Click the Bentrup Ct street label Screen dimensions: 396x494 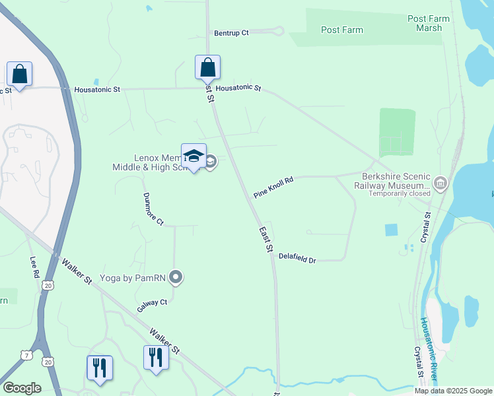[231, 32]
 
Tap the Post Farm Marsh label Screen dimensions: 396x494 [429, 23]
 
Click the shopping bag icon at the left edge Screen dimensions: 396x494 [20, 75]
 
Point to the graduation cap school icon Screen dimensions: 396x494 [194, 156]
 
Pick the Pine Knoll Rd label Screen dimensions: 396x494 [273, 187]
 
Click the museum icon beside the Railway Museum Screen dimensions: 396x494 [441, 183]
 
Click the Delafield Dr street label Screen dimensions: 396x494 [297, 258]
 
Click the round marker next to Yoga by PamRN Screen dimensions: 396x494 [176, 277]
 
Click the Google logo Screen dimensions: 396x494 [22, 388]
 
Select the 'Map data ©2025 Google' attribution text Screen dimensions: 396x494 [453, 391]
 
